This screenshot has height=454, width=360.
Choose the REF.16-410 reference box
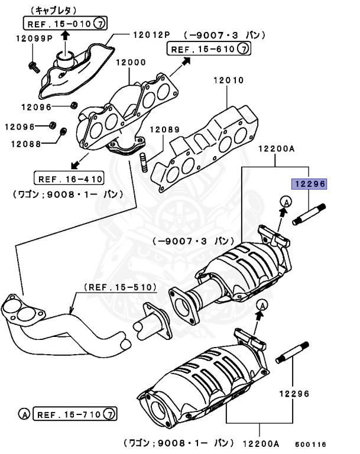[69, 178]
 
